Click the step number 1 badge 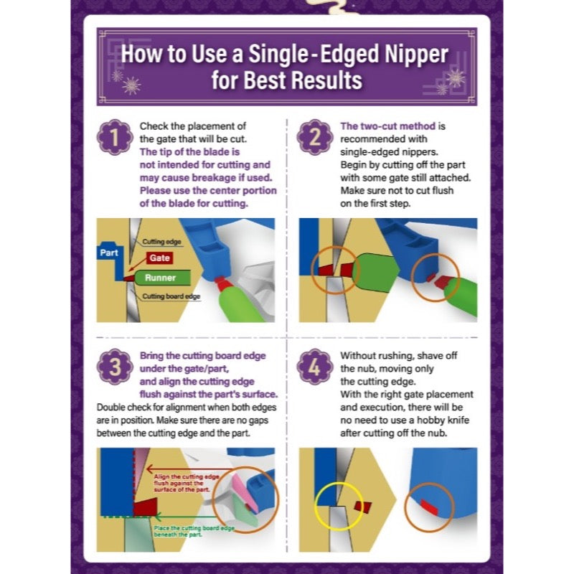(115, 137)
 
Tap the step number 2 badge (315, 137)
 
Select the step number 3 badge (115, 367)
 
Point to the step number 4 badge (315, 367)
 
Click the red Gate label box (159, 258)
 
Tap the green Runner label (160, 278)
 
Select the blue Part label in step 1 (109, 253)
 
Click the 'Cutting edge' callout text (161, 242)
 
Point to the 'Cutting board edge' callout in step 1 (171, 296)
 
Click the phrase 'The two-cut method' (387, 126)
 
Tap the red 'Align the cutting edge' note (187, 483)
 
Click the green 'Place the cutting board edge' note (194, 531)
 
